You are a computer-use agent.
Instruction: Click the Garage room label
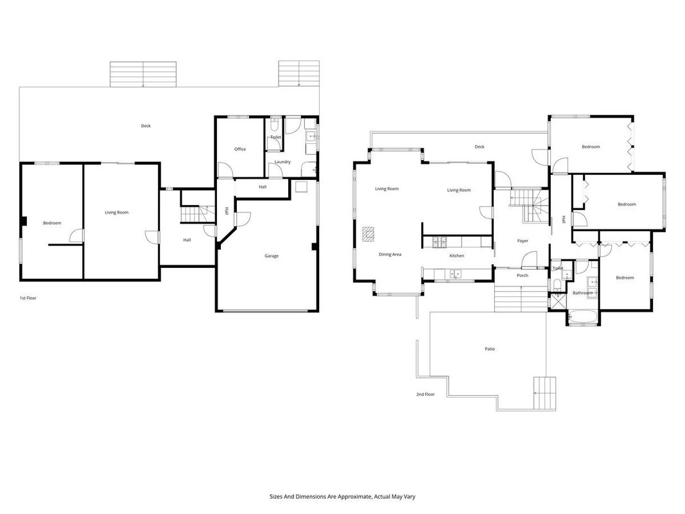(x=272, y=256)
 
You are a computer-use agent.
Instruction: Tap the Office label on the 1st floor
(x=240, y=149)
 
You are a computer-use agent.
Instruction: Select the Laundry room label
(x=282, y=162)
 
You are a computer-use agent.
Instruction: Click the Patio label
(x=490, y=349)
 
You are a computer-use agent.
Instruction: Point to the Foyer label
(x=523, y=241)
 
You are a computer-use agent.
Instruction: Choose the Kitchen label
(x=456, y=256)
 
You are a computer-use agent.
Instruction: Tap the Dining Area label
(x=390, y=254)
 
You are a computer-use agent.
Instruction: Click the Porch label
(x=523, y=276)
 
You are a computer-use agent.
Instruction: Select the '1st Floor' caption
(x=28, y=298)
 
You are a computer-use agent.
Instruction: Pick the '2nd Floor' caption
(x=425, y=394)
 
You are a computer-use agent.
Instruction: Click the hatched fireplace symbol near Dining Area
(x=369, y=235)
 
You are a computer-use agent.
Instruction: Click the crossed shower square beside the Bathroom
(x=557, y=301)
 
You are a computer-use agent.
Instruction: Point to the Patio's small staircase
(x=545, y=393)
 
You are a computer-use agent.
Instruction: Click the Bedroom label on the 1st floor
(x=52, y=224)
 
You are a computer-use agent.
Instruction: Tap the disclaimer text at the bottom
(x=342, y=497)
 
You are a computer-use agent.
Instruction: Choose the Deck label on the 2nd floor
(x=479, y=147)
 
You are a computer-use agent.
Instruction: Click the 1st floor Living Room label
(x=117, y=213)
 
